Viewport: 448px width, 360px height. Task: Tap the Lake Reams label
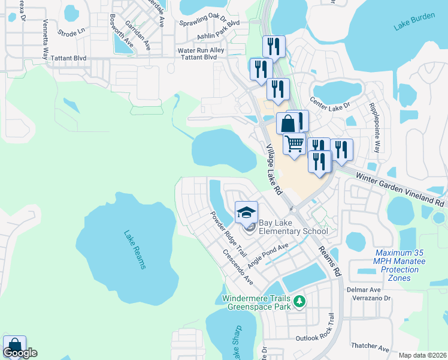tap(135, 250)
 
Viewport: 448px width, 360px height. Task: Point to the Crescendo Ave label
tap(238, 269)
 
